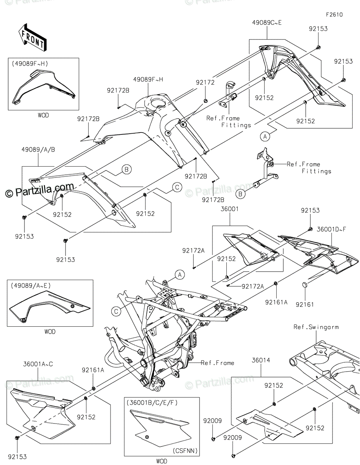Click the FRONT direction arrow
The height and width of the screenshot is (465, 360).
click(x=32, y=38)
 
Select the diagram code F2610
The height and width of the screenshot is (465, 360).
click(x=334, y=15)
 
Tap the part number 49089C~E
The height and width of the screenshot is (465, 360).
click(x=267, y=22)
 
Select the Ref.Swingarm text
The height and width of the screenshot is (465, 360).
click(x=316, y=327)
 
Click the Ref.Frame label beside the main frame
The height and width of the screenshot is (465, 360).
click(x=217, y=363)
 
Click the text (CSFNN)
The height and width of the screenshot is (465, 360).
click(x=185, y=451)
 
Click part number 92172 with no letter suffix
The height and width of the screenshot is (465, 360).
click(x=205, y=82)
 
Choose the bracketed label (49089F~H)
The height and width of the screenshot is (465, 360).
click(x=30, y=63)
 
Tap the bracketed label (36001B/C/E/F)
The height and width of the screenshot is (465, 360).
click(x=152, y=403)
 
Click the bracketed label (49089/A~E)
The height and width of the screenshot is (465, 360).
click(x=30, y=286)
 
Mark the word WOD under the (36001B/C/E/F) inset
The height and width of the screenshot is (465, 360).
click(x=161, y=461)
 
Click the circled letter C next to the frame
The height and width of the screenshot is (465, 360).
click(x=116, y=310)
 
